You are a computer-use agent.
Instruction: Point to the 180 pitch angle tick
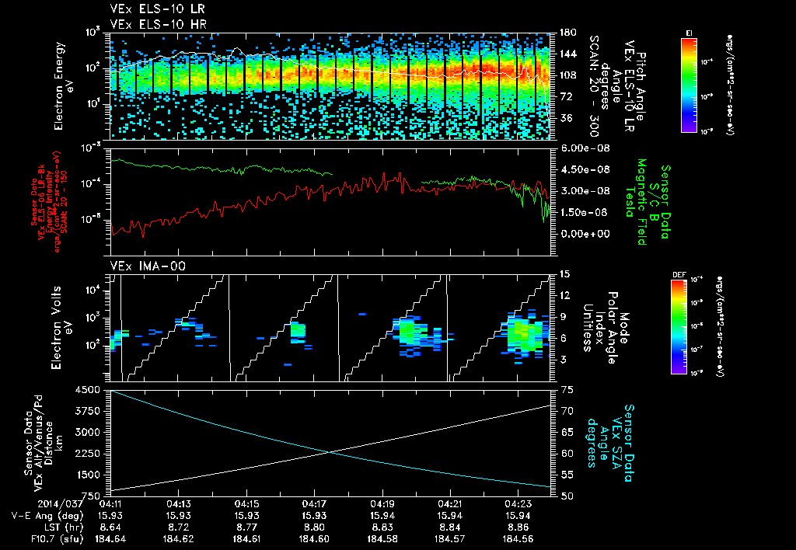565,33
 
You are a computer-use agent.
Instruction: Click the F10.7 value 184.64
111,538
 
